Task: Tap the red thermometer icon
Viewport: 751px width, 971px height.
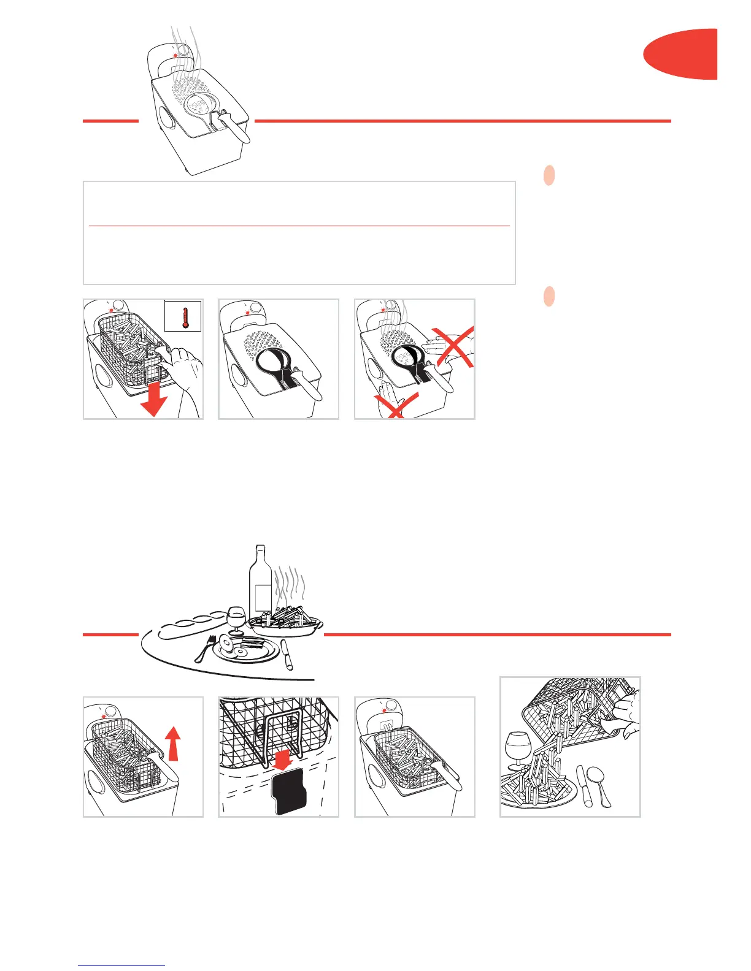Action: tap(183, 316)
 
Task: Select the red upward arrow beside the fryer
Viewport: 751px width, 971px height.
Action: tap(174, 742)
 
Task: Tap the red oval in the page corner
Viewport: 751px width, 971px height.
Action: tap(682, 54)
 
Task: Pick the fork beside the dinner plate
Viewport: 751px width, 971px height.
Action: tap(204, 649)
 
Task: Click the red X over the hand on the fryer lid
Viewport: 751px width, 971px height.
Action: tap(452, 346)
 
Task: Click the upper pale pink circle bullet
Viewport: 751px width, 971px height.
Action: tap(550, 176)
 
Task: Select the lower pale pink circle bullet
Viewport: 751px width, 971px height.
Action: tap(550, 296)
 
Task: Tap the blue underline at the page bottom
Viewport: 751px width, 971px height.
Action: tap(121, 965)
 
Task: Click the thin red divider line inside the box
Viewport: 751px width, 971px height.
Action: tap(299, 226)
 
